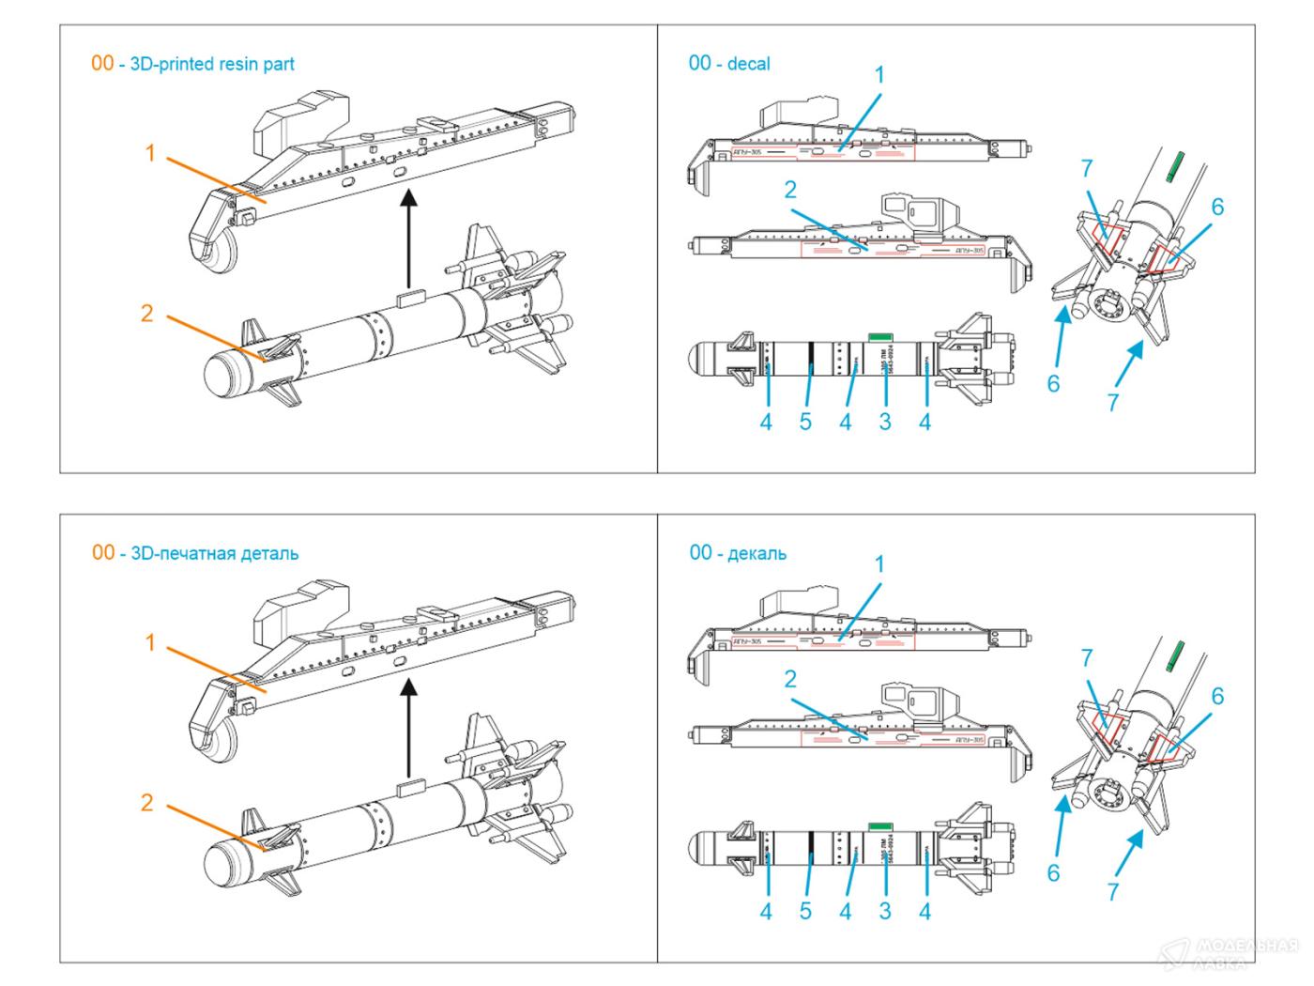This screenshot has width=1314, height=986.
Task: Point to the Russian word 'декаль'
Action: tap(756, 553)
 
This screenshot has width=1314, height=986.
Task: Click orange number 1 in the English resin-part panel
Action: tap(150, 152)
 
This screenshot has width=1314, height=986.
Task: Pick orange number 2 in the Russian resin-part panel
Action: tap(146, 803)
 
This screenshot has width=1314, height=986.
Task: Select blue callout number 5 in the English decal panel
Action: tap(805, 422)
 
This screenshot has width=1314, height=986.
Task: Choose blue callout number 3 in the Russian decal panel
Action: tap(885, 911)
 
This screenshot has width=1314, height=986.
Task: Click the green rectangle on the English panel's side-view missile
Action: tap(879, 335)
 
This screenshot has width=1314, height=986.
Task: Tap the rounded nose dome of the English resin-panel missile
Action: tap(222, 373)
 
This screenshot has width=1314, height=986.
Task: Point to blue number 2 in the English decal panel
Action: tap(790, 191)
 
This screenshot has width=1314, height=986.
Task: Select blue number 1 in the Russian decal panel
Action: tap(879, 564)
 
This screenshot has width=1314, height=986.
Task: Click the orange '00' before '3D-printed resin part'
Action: tap(102, 64)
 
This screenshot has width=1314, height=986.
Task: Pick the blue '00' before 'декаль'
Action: tap(700, 553)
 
